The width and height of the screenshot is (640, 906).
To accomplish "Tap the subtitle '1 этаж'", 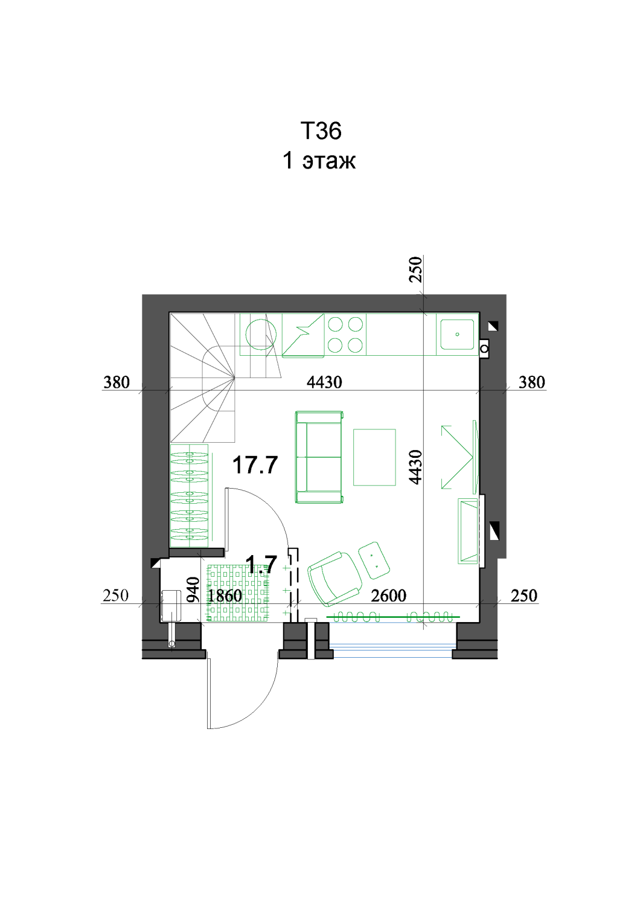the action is pyautogui.click(x=319, y=160).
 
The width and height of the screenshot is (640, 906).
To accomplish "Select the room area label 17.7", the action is pyautogui.click(x=255, y=464).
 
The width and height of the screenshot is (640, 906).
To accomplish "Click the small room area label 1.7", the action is pyautogui.click(x=261, y=564).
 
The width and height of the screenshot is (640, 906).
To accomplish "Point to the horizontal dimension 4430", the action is pyautogui.click(x=324, y=382).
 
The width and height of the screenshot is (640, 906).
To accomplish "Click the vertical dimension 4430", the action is pyautogui.click(x=415, y=467).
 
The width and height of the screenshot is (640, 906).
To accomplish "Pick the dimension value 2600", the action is pyautogui.click(x=388, y=596).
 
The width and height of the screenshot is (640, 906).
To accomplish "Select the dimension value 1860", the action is pyautogui.click(x=225, y=596).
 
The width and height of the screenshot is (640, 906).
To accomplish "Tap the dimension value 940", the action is pyautogui.click(x=194, y=590).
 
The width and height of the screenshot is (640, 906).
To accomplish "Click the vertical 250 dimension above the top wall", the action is pyautogui.click(x=415, y=269).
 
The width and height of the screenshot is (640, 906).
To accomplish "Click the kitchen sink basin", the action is pyautogui.click(x=457, y=334).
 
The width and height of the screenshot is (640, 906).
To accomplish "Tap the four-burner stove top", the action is pyautogui.click(x=345, y=335).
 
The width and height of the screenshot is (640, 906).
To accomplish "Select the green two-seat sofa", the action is pyautogui.click(x=319, y=457).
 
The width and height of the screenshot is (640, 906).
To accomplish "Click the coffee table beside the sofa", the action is pyautogui.click(x=374, y=457).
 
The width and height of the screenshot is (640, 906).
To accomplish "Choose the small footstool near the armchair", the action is pyautogui.click(x=374, y=560).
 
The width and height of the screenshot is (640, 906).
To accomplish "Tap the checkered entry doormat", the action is pyautogui.click(x=237, y=593).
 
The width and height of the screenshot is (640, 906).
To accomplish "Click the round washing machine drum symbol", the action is pyautogui.click(x=261, y=335).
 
